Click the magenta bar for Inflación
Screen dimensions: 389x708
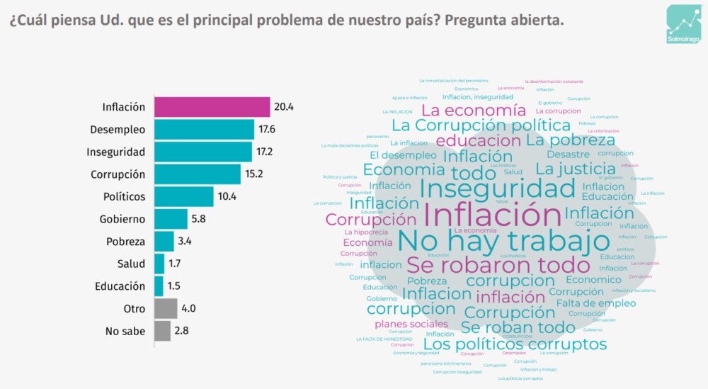(212, 107)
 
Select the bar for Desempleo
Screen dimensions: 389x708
(204, 130)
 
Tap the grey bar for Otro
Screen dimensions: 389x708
(166, 308)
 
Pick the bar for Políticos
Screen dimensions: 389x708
(183, 196)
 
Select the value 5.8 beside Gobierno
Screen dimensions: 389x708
(200, 219)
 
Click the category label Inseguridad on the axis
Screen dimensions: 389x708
(115, 152)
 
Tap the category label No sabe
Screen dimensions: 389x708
(125, 331)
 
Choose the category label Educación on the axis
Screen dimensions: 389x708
(120, 286)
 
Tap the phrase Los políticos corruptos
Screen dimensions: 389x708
(519, 344)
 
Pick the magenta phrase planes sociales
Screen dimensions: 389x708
(411, 325)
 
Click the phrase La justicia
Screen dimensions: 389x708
(575, 169)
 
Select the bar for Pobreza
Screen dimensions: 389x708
(164, 241)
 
